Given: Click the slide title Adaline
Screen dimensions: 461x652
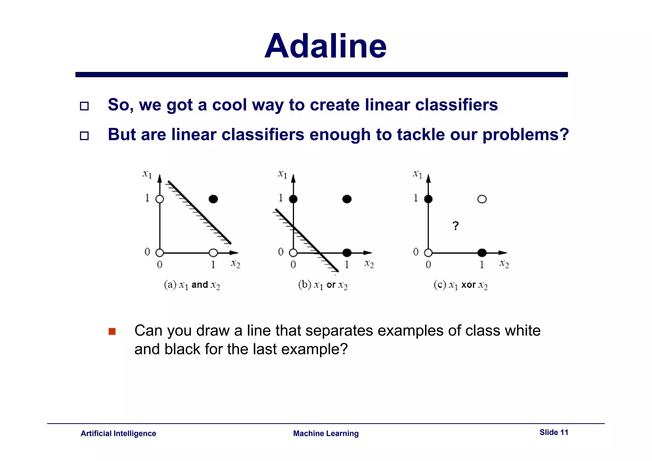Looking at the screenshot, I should click(x=325, y=46).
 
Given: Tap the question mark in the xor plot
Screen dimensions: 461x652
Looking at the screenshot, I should click(x=456, y=226).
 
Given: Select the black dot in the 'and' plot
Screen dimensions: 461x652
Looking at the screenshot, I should click(x=213, y=199).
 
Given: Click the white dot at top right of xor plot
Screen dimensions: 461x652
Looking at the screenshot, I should click(x=482, y=199).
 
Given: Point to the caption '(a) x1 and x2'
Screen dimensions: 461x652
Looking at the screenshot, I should click(x=192, y=285).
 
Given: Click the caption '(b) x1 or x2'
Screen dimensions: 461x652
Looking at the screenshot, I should click(x=323, y=285).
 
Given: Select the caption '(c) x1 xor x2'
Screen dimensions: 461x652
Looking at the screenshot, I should click(x=460, y=285).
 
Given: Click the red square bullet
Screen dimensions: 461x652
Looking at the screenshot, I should click(x=112, y=331).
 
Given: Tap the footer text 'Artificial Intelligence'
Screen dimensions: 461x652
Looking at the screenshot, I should click(x=118, y=433).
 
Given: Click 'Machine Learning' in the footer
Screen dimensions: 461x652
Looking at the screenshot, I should click(x=326, y=433).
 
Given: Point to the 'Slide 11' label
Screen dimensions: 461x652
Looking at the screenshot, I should click(x=554, y=432).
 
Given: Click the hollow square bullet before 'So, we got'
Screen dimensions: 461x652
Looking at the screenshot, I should click(x=84, y=106).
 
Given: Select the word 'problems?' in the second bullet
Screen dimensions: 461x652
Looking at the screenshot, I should click(x=526, y=135).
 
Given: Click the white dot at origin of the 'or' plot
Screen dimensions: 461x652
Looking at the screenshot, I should click(x=293, y=253).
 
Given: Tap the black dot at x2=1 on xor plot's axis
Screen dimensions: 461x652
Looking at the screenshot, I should click(x=482, y=253).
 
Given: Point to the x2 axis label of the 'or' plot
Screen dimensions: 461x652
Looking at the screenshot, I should click(x=369, y=264).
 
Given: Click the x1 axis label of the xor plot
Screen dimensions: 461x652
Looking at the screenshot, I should click(x=417, y=174).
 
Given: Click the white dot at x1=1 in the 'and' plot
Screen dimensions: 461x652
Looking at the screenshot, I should click(x=159, y=199).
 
